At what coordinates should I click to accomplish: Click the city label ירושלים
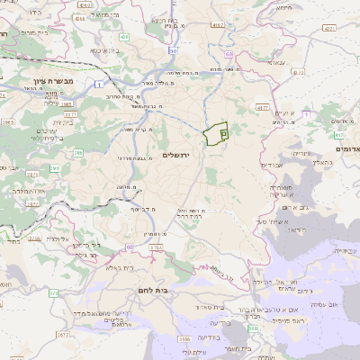[179, 155]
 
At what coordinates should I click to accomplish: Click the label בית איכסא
[107, 50]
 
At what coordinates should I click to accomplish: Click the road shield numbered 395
[55, 167]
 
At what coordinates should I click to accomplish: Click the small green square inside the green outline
[222, 133]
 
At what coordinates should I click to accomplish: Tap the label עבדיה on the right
[271, 166]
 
